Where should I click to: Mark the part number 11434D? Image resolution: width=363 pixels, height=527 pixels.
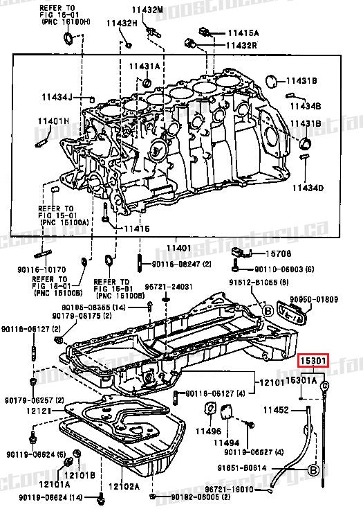pyautogui.click(x=306, y=188)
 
